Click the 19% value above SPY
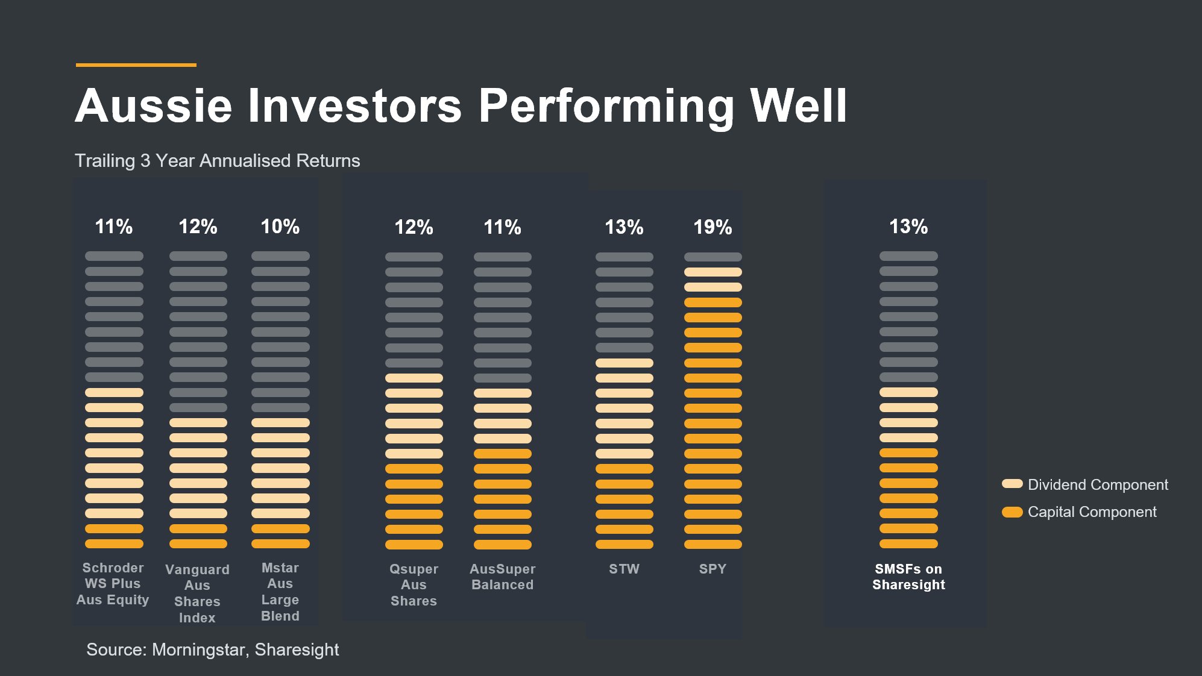(x=713, y=227)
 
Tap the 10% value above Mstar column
(x=280, y=227)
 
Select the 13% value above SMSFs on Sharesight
(x=908, y=227)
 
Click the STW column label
(x=624, y=569)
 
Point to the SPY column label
(x=713, y=569)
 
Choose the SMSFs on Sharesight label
(x=908, y=577)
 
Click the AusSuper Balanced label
(x=502, y=577)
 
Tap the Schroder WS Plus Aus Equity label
(x=113, y=584)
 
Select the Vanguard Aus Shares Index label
(x=197, y=593)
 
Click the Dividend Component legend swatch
(x=1012, y=484)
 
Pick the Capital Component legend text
(x=1092, y=512)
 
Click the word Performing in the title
(x=606, y=106)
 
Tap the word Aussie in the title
(x=154, y=106)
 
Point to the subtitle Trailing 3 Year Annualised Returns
(x=217, y=161)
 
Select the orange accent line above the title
(x=136, y=64)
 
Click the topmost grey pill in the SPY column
(x=713, y=257)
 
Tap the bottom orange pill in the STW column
(x=624, y=544)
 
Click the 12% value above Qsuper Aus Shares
(x=414, y=227)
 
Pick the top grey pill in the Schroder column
(x=114, y=256)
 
